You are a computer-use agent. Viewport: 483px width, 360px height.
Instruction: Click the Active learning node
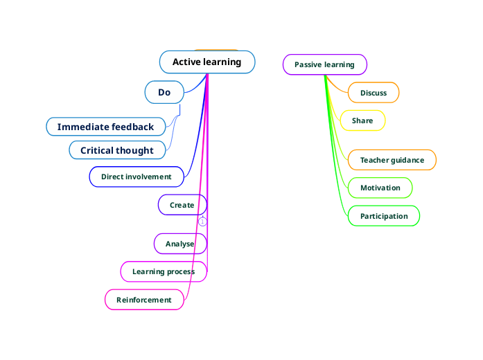207,62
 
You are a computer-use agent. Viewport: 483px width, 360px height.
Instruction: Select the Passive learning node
324,64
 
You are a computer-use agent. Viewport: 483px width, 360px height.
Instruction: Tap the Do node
164,92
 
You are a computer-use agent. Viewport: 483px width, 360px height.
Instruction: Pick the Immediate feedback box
105,127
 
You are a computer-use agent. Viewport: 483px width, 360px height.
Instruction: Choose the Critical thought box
117,150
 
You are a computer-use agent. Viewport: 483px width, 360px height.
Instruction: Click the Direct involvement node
137,177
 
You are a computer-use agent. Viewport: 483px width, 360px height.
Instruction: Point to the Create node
182,205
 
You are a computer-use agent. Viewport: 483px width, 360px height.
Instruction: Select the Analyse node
180,244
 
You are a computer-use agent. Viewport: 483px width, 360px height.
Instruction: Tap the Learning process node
164,271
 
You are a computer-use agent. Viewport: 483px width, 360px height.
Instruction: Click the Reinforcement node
144,300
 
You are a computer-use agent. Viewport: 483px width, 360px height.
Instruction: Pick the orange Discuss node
374,93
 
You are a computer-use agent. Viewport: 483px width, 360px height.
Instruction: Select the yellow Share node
362,120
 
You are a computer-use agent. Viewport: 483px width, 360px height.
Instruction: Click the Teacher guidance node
392,160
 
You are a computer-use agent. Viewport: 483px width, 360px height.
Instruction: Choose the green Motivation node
380,188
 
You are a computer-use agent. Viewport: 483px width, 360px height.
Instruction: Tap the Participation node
384,216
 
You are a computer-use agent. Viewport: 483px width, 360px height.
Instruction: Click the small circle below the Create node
202,222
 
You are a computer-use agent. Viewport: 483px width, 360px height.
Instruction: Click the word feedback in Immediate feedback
133,127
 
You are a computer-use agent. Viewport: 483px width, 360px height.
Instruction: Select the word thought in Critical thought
137,150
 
